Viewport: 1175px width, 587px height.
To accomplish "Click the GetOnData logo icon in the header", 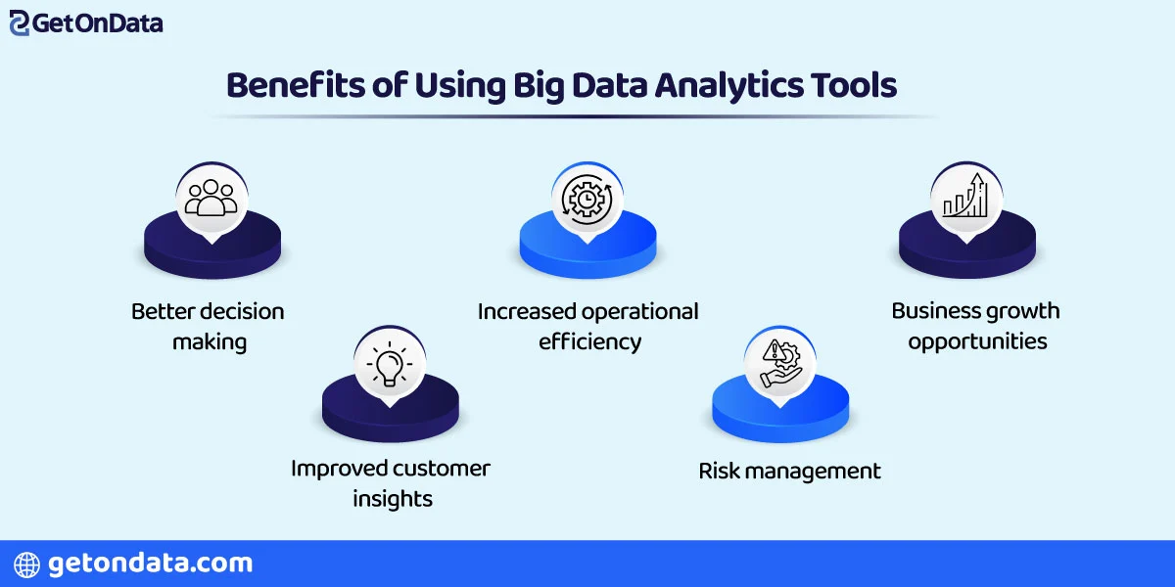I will point(20,23).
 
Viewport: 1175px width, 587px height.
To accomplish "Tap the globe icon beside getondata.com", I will point(26,564).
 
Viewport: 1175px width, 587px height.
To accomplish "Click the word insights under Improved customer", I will point(391,499).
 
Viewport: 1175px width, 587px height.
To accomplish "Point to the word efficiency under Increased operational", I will point(589,341).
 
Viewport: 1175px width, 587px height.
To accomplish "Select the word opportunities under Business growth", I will point(977,341).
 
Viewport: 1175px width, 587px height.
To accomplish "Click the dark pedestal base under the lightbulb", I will point(390,416).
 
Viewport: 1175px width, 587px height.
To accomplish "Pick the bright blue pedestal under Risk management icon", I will point(780,415).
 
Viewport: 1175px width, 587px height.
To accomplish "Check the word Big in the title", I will point(538,85).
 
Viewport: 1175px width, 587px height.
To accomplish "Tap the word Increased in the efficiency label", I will point(526,312).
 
